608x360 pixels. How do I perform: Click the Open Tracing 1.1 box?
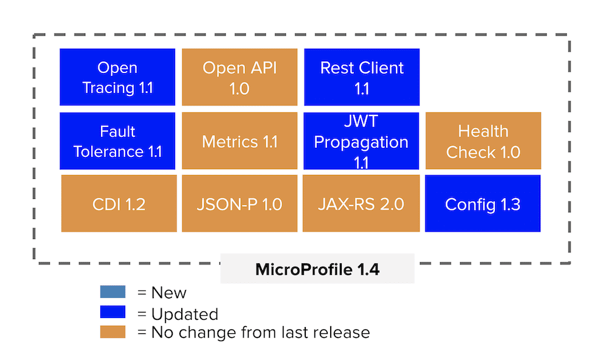pos(117,77)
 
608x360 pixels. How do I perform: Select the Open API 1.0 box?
pos(240,77)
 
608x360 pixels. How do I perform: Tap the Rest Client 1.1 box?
pos(362,77)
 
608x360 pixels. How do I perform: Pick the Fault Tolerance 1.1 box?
pos(117,141)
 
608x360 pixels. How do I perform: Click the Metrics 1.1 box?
pos(240,141)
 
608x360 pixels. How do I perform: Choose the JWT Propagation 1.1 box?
pos(361,141)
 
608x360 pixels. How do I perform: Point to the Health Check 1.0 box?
pos(483,141)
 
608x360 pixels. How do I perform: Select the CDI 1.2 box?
pos(119,203)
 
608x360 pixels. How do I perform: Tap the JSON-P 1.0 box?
pos(240,203)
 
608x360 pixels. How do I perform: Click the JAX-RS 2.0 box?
pos(361,203)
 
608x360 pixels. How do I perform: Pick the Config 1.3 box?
pos(483,203)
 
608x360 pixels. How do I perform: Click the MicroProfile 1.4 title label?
pos(317,269)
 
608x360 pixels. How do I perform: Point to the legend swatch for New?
pos(113,292)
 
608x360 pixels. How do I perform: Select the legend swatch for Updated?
pos(113,312)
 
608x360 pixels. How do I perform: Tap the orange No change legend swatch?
pos(113,332)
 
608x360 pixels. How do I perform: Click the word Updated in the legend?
pos(185,314)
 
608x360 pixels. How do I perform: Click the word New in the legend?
pos(168,293)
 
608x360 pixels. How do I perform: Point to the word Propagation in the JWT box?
pos(361,142)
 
